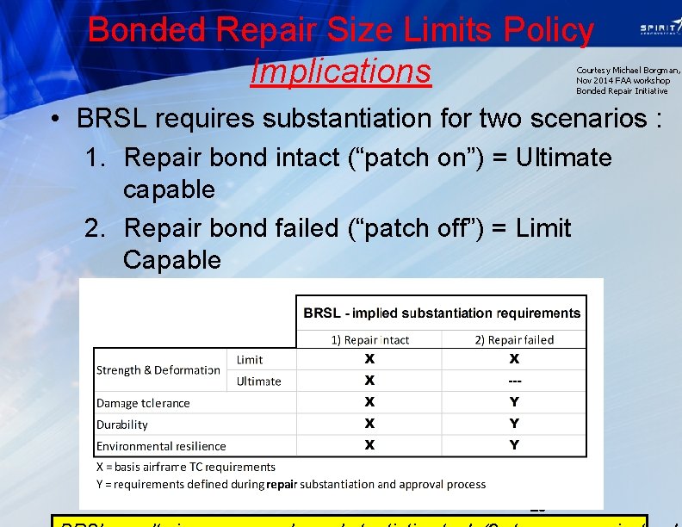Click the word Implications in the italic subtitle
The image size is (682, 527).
coord(340,71)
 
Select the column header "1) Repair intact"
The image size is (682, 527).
coord(369,339)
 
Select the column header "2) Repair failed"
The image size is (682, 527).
coord(514,339)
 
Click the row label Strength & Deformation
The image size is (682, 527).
coord(158,370)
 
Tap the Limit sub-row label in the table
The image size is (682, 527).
coord(250,360)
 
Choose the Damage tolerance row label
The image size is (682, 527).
coord(143,403)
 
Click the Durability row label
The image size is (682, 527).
coord(122,425)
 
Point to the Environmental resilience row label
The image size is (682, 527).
coord(161,446)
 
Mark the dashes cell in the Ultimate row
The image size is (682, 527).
coord(514,381)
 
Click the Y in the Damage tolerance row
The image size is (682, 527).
coord(514,402)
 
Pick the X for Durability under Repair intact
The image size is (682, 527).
coord(369,424)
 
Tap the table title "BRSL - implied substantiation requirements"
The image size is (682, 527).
coord(442,313)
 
